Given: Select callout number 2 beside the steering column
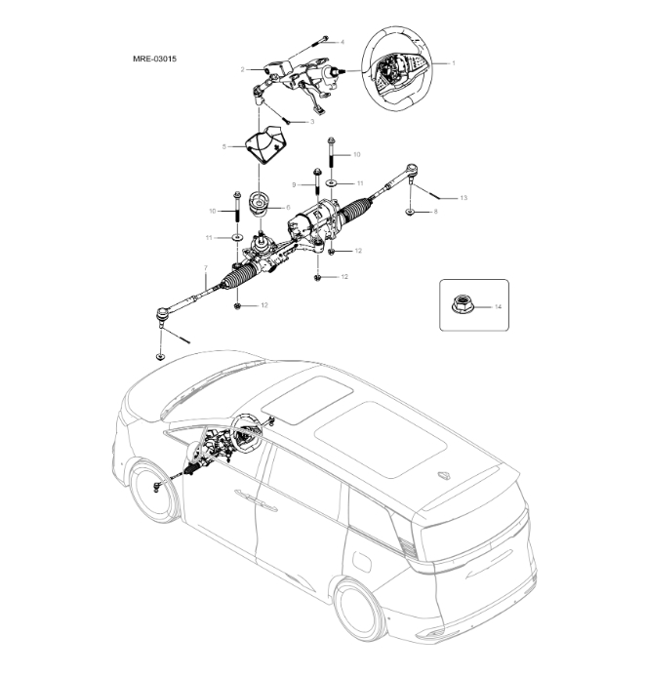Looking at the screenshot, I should (242, 70).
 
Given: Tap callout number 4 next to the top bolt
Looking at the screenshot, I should (342, 43).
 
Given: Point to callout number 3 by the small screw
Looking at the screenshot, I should (311, 122).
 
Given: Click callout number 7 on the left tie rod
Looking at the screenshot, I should (205, 267).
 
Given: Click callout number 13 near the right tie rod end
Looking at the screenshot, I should (464, 198).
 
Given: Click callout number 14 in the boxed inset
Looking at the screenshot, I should (499, 306).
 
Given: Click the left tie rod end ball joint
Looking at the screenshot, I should (162, 314).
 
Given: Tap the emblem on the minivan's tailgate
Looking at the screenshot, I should (445, 476).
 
